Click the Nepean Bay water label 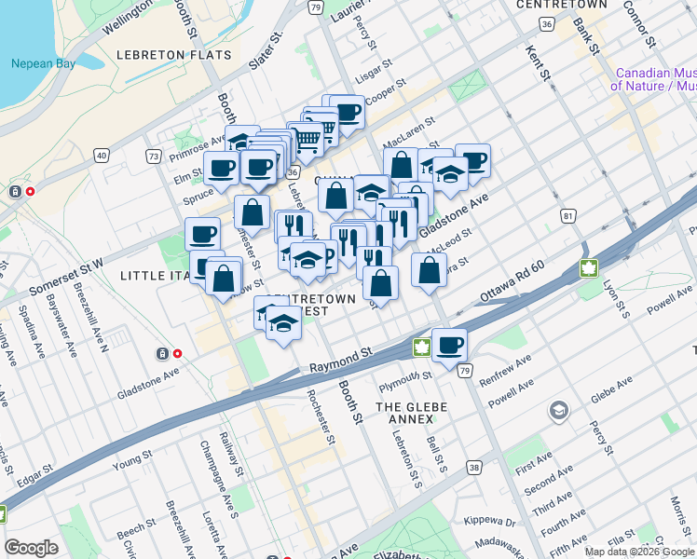coord(36,64)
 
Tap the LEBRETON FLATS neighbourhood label coord(173,55)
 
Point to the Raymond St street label coord(341,359)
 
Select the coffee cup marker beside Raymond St coord(449,345)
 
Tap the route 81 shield coord(567,216)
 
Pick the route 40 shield coord(102,155)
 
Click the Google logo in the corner coord(31,548)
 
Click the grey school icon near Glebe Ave coord(558,410)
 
